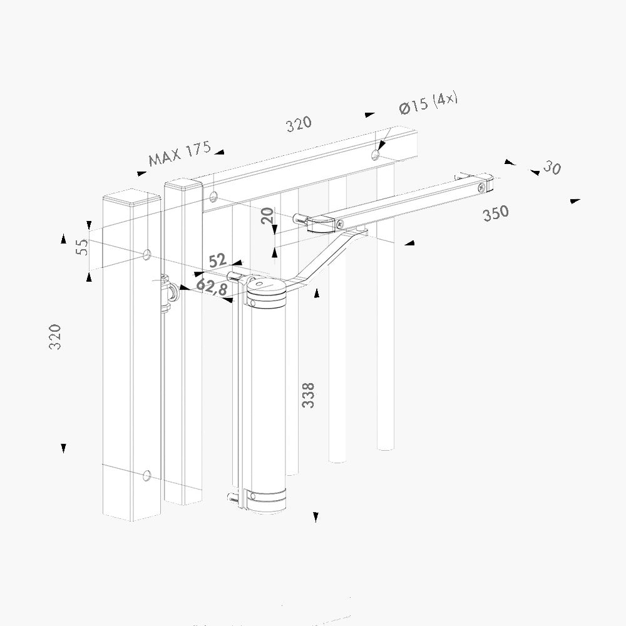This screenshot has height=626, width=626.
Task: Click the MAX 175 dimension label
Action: pos(180,153)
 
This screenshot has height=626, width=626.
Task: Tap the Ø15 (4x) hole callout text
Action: pos(428,103)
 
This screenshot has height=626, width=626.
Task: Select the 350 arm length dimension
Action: pos(496,213)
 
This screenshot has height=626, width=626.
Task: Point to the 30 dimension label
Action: pos(552,167)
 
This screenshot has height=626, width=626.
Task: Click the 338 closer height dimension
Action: pos(308,395)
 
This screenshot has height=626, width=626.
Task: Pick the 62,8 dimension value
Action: pos(212,287)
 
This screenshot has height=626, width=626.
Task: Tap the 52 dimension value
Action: pos(218,260)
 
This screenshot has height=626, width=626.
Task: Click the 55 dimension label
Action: pos(82,247)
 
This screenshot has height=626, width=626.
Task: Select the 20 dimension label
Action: pos(268,215)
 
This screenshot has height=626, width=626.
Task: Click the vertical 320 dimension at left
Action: pos(55,337)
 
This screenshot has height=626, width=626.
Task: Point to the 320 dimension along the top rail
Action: pos(299,124)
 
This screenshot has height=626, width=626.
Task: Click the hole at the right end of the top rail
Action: pos(375,155)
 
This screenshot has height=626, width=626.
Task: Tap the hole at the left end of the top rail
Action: pos(213,196)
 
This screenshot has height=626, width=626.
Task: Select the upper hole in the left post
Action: pos(147,254)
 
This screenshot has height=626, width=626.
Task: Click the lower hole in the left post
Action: pos(147,475)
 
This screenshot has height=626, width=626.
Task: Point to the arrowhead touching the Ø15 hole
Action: pos(381,146)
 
